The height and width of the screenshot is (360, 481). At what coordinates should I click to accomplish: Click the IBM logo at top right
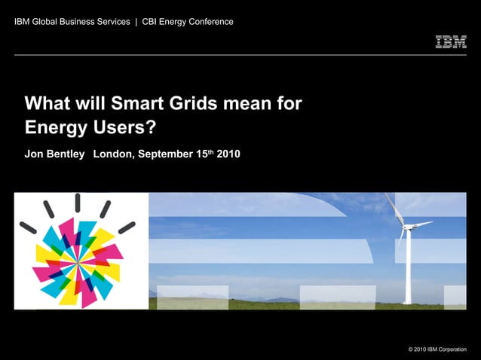(x=451, y=42)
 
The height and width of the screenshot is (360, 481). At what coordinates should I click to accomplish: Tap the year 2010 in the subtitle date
(x=228, y=154)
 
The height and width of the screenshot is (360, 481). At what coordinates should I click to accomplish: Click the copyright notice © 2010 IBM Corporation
(x=437, y=349)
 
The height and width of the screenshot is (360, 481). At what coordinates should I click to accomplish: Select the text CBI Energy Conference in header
(x=188, y=21)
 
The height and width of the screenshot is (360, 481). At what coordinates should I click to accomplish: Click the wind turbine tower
(x=407, y=267)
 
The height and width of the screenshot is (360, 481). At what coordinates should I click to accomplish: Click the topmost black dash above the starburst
(x=77, y=204)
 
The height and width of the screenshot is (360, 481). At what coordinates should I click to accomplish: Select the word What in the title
(x=47, y=103)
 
